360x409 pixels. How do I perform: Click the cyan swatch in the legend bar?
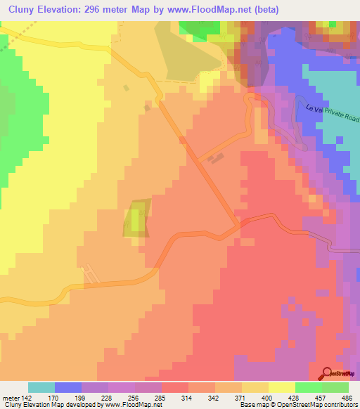click(41, 387)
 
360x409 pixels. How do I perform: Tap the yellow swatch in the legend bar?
click(281, 387)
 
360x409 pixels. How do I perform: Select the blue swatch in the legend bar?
click(68, 387)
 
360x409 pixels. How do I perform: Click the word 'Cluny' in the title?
click(20, 9)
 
